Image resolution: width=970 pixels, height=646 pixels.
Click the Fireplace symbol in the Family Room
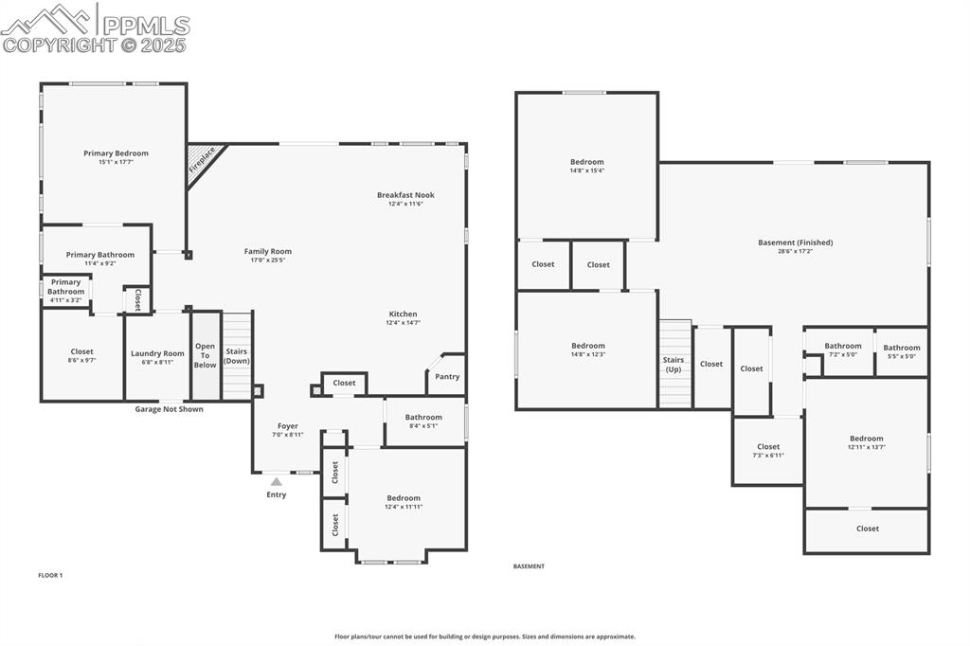tap(202, 159)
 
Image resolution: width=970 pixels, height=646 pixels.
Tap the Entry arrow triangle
tap(277, 482)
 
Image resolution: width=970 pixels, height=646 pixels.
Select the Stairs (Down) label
tap(237, 356)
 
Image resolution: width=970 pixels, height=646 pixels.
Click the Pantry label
tap(447, 376)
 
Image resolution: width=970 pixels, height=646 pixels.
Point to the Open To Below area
tap(205, 356)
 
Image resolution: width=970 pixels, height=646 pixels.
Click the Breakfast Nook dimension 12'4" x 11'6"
tap(405, 204)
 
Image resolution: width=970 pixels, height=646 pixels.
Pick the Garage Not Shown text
tap(169, 409)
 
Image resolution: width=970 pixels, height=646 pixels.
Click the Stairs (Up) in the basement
tap(674, 364)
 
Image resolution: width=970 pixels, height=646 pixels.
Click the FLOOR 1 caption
tap(50, 575)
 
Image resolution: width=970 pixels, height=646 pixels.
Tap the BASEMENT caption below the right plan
tap(529, 566)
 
